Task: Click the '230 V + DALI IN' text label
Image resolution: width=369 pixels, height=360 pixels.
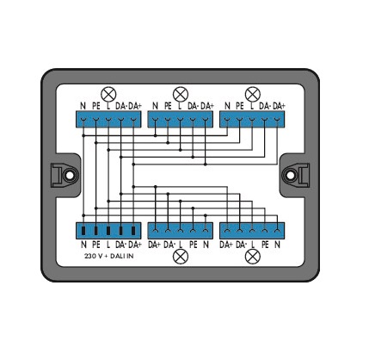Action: click(x=109, y=256)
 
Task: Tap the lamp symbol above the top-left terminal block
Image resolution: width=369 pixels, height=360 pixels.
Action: click(x=108, y=94)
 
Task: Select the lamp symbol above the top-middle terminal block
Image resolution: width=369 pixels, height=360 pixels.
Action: click(x=181, y=94)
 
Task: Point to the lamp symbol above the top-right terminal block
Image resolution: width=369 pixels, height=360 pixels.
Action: click(x=253, y=94)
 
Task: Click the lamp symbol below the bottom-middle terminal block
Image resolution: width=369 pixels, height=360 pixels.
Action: click(x=181, y=257)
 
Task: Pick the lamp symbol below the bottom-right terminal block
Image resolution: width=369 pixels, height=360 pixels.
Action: click(x=253, y=257)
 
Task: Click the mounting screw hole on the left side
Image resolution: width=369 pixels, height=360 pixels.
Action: click(x=69, y=175)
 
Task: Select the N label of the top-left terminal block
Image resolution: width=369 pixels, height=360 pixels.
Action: click(x=83, y=106)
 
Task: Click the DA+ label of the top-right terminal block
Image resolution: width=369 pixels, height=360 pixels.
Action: click(x=279, y=106)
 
